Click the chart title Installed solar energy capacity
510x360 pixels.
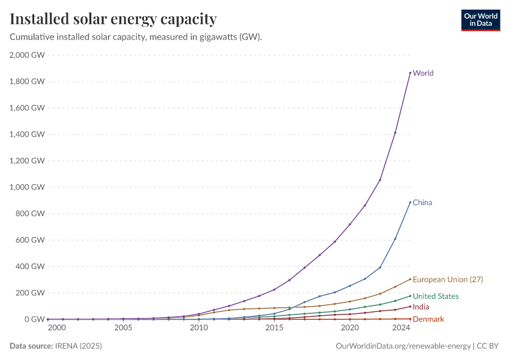tap(113, 19)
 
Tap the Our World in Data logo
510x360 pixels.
tap(480, 20)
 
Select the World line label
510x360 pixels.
tap(423, 73)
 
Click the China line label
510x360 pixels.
tap(422, 203)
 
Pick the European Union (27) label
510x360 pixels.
tap(448, 280)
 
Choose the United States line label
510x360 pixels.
tap(436, 296)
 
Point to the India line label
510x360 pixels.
tap(421, 307)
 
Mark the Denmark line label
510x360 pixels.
tap(428, 319)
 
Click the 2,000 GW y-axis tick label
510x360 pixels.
tap(28, 55)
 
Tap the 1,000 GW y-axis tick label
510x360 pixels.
tap(28, 187)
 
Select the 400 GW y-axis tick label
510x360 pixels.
tap(31, 266)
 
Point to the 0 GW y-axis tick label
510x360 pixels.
tap(35, 319)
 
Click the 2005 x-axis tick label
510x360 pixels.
tap(123, 328)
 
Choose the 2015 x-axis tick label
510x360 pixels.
tap(274, 328)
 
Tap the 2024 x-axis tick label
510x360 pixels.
tap(401, 328)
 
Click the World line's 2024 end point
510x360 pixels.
tap(410, 73)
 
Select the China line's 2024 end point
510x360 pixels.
tap(410, 202)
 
